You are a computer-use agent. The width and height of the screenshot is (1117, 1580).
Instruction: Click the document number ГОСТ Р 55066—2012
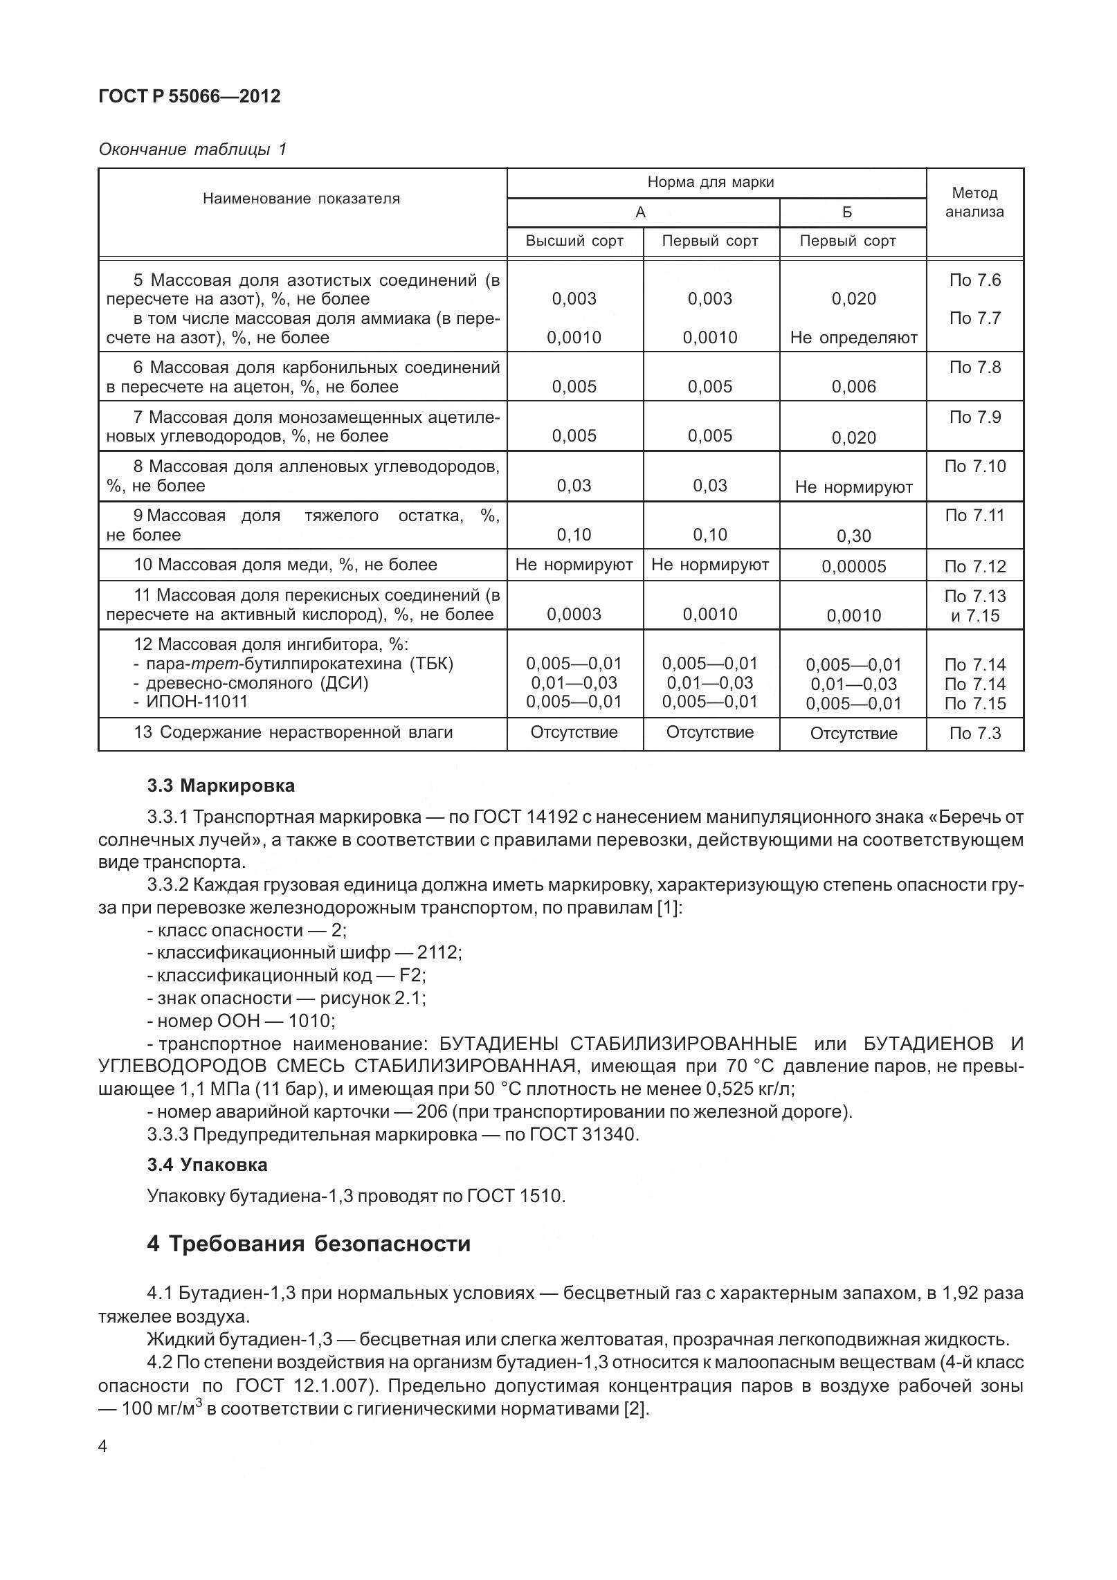(190, 96)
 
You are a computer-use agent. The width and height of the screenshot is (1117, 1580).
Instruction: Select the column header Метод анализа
(974, 202)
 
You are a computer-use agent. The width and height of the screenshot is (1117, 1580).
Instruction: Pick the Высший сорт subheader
(574, 241)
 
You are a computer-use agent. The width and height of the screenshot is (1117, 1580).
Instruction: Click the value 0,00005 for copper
(853, 567)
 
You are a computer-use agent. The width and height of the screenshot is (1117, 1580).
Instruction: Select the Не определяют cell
(853, 338)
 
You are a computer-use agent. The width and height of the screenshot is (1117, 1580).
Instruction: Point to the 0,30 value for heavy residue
(853, 536)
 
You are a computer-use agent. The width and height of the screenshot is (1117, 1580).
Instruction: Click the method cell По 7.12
(974, 567)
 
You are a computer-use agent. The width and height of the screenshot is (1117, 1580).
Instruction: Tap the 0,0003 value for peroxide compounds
(574, 615)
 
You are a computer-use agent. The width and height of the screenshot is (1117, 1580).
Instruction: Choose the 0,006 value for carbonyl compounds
(853, 387)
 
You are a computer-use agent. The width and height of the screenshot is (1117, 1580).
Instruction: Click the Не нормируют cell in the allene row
(853, 487)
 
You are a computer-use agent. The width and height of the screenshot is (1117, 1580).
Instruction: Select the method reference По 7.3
(974, 734)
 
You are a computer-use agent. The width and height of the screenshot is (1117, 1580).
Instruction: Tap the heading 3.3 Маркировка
(221, 786)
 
